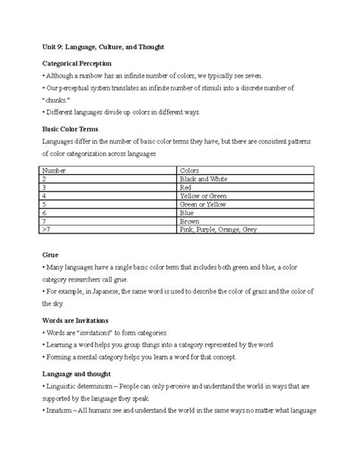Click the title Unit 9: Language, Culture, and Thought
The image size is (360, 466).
[103, 47]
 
